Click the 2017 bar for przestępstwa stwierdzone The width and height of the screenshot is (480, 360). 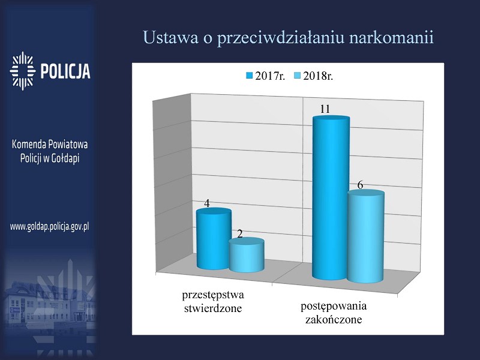click(x=214, y=238)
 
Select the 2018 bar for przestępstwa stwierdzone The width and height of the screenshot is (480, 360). click(x=247, y=254)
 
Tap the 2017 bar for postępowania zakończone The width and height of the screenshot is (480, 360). click(x=331, y=198)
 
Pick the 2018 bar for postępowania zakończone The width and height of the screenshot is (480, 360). click(x=365, y=236)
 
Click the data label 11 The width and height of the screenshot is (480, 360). click(x=325, y=109)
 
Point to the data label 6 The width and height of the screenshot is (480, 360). click(x=361, y=185)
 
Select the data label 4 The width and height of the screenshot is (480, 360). click(x=207, y=203)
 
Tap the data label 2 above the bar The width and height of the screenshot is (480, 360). click(x=240, y=234)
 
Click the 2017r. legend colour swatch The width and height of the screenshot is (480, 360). click(x=250, y=76)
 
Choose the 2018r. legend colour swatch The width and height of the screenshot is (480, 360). click(x=297, y=76)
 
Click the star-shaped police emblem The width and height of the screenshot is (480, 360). click(x=22, y=71)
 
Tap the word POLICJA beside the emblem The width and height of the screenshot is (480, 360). click(x=65, y=71)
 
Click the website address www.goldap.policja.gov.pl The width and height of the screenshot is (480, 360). click(x=50, y=227)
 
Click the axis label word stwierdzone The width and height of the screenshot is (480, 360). click(x=213, y=308)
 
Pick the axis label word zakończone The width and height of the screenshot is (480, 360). click(x=334, y=320)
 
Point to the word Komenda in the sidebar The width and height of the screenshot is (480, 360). click(x=25, y=144)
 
